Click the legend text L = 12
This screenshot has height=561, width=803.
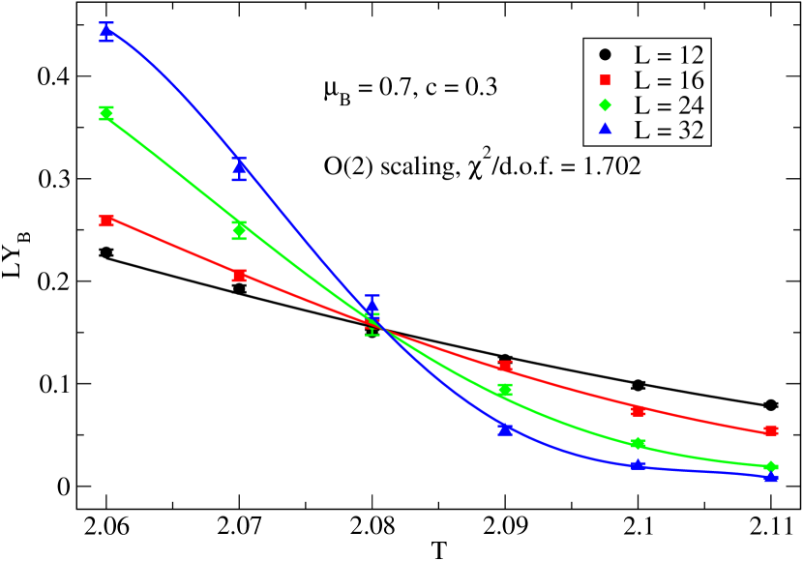[x=669, y=54]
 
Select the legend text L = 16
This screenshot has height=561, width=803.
[x=669, y=79]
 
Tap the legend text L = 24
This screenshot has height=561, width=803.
[x=669, y=105]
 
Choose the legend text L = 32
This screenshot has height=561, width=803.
[x=669, y=131]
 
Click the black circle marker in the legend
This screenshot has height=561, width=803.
[x=605, y=54]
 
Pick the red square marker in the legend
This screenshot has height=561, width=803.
[x=605, y=79]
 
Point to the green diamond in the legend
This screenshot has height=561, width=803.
[x=605, y=105]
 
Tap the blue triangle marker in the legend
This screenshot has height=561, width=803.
[x=605, y=130]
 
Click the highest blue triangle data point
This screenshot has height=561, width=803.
[x=106, y=31]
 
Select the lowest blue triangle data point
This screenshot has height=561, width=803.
[x=771, y=475]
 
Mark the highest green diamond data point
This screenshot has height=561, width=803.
[x=106, y=113]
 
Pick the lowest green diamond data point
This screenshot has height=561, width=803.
[x=771, y=467]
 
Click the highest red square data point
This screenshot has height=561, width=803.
[x=106, y=221]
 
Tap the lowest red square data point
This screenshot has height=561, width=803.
[x=771, y=430]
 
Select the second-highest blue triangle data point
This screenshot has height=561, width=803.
[x=240, y=167]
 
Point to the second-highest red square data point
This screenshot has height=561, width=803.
[x=240, y=275]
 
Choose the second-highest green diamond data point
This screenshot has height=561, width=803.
[x=240, y=230]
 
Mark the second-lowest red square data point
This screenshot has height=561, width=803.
[x=639, y=410]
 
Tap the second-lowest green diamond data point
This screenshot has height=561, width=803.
[x=639, y=444]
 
